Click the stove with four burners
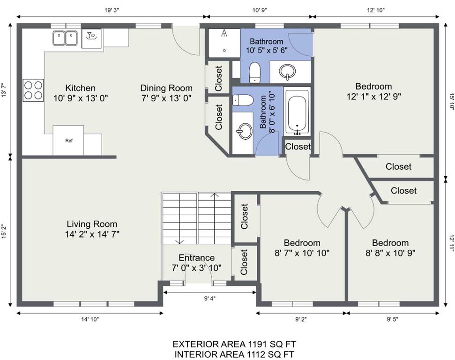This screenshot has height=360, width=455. coord(33,90)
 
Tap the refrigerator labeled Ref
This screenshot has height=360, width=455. coord(68,141)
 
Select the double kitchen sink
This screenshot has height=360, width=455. coord(65,38)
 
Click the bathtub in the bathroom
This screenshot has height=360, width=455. coord(297,112)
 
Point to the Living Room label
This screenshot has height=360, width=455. coord(92,229)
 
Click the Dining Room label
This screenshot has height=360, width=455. coord(166,93)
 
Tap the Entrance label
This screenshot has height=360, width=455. coord(197,263)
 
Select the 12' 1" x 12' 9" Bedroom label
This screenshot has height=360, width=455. coord(374,91)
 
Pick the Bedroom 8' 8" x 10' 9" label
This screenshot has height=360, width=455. coord(390,247)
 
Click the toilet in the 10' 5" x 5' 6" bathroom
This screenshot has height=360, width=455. coord(255,72)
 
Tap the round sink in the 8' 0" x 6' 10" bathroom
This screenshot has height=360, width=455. coord(244,131)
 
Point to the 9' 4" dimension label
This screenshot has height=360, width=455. coord(210,298)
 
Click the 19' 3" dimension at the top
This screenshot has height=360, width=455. coord(112,10)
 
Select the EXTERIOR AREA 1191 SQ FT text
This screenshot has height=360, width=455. coord(234,345)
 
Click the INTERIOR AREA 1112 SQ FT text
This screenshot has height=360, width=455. coord(234,354)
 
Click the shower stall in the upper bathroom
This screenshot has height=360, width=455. coord(224,43)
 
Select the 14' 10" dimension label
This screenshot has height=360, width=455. coord(90,319)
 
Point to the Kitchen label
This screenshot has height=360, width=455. coord(81,93)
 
